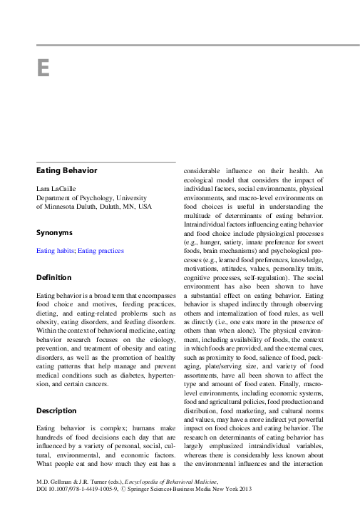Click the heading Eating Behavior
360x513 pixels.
[66, 171]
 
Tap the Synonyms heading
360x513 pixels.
[55, 232]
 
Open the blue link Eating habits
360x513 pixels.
[56, 251]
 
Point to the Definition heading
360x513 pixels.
[53, 277]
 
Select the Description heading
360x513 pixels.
[56, 411]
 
